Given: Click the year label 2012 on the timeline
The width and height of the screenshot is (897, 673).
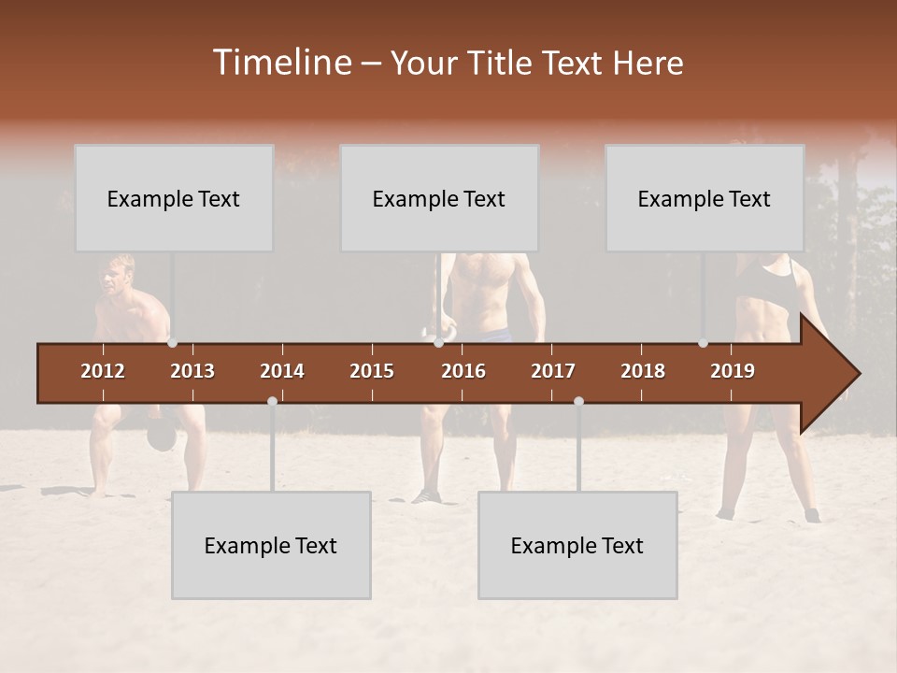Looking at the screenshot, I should point(103,371).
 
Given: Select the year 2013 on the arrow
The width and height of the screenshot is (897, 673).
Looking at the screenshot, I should point(192,371).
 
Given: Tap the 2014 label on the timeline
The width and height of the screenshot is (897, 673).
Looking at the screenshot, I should point(282,371).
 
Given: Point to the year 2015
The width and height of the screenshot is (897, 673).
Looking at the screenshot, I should point(372,371).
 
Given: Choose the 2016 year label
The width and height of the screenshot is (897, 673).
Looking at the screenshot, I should point(463,371).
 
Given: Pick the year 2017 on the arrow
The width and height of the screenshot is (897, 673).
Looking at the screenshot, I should point(553,371).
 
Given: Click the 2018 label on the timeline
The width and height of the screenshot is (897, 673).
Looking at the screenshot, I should point(643,371).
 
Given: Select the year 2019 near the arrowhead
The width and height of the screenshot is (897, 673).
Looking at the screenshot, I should point(733,371).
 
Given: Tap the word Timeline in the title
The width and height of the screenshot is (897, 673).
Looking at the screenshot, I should point(281,63).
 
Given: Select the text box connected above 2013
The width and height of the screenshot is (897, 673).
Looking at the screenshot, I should point(174,198).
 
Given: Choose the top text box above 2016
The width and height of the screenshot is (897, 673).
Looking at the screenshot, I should point(439,198).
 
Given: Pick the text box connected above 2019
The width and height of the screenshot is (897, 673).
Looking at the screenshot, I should point(705,198).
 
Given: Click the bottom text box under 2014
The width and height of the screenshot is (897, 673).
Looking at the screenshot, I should point(271,545).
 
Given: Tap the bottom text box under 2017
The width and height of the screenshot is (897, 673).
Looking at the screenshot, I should point(577,545).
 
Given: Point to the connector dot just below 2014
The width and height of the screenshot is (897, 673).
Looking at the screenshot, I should point(272,401).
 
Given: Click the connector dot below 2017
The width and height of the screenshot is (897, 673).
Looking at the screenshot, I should point(578,401).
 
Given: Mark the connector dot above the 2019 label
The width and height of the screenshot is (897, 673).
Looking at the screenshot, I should point(704,343).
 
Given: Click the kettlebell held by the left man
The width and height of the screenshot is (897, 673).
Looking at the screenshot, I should point(163,436).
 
